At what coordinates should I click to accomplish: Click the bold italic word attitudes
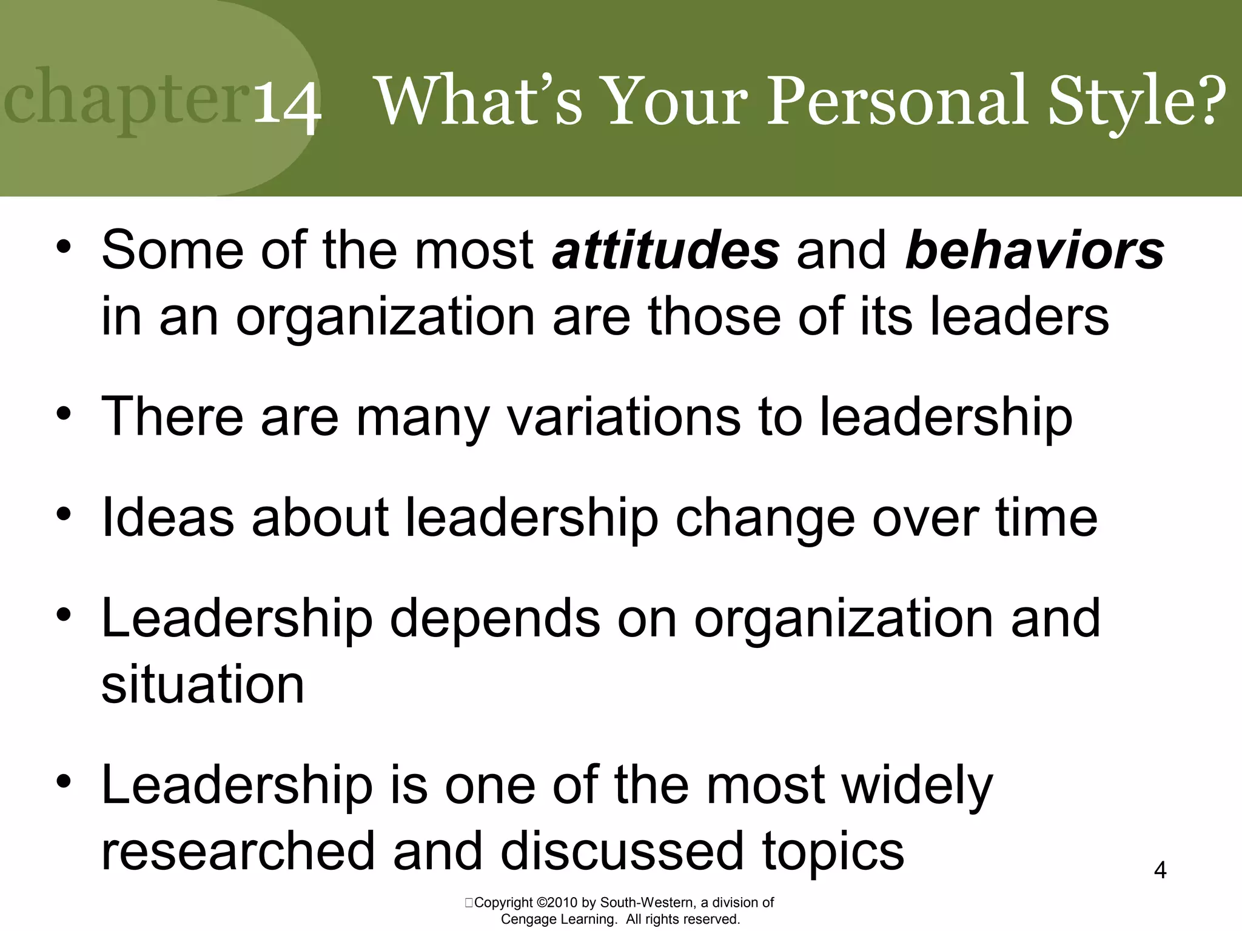[665, 250]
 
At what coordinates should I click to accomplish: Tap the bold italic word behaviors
[1034, 250]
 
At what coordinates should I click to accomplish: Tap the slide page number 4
[1160, 870]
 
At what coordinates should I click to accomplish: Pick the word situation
[203, 684]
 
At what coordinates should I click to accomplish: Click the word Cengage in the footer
[527, 919]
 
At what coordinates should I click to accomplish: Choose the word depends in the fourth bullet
[494, 618]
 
